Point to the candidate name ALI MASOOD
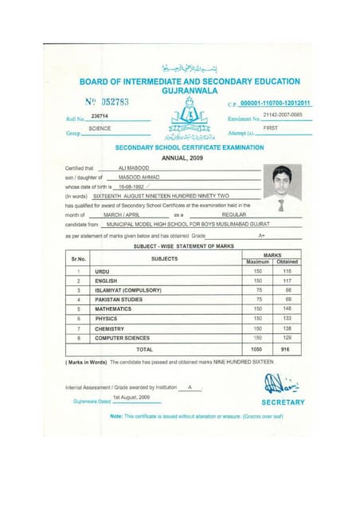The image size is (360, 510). click(132, 168)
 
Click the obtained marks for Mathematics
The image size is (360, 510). click(288, 307)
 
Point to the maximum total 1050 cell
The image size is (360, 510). click(257, 349)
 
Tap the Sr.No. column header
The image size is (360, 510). click(78, 258)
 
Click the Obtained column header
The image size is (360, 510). click(288, 262)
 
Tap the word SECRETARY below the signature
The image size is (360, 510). click(283, 402)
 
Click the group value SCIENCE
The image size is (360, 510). click(100, 128)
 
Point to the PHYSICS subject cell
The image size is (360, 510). click(106, 318)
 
